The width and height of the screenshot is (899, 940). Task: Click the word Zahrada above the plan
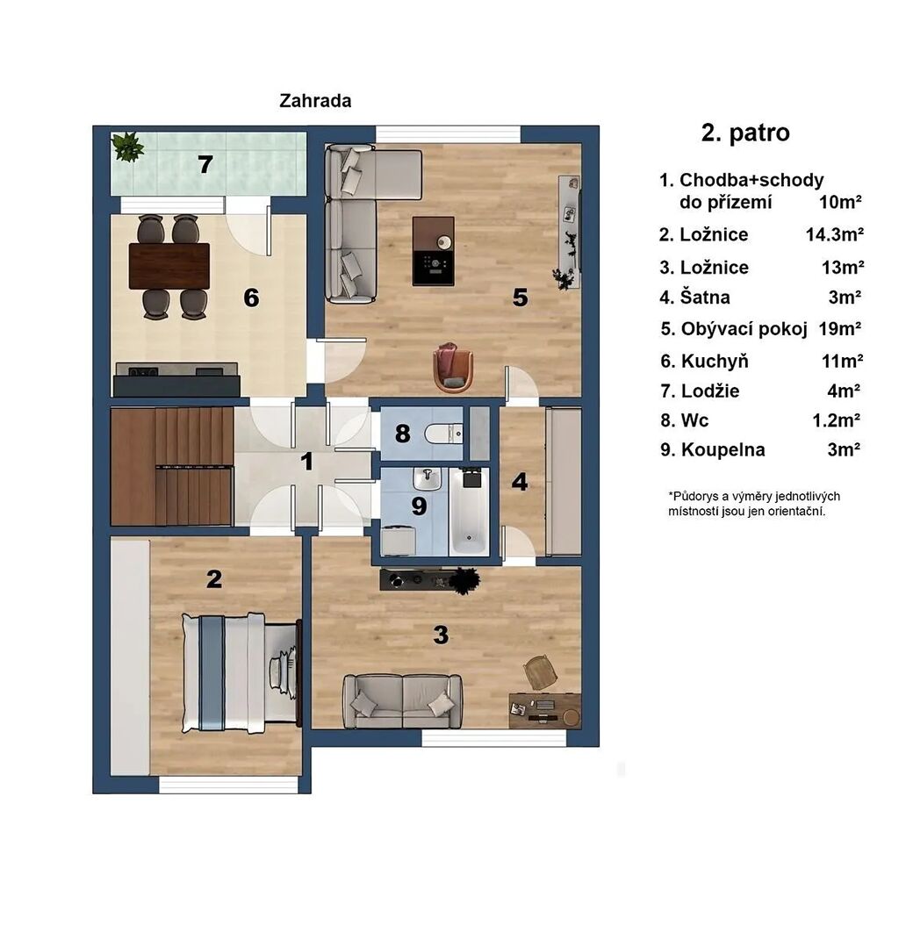(315, 100)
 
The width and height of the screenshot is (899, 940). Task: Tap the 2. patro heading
(745, 133)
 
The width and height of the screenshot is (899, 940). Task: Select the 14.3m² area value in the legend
(834, 234)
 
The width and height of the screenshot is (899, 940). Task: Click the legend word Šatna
(705, 297)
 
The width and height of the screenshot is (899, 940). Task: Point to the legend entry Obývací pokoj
(744, 329)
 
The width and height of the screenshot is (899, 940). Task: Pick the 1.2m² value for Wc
(836, 420)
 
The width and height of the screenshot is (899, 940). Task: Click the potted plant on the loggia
(128, 147)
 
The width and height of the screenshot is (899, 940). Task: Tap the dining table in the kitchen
(169, 266)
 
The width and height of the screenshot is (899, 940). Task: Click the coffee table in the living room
(433, 251)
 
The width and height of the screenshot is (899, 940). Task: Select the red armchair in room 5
(453, 368)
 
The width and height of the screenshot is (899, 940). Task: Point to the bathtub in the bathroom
(469, 512)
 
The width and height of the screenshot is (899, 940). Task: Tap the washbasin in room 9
(427, 478)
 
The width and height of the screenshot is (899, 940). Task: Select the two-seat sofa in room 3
(402, 700)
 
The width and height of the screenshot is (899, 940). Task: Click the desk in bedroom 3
(544, 710)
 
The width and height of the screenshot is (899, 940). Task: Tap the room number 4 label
(520, 482)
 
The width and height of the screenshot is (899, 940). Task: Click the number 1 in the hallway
(306, 462)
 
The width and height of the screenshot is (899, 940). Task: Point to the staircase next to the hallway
(172, 466)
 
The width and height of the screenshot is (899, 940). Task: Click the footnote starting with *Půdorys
(754, 504)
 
